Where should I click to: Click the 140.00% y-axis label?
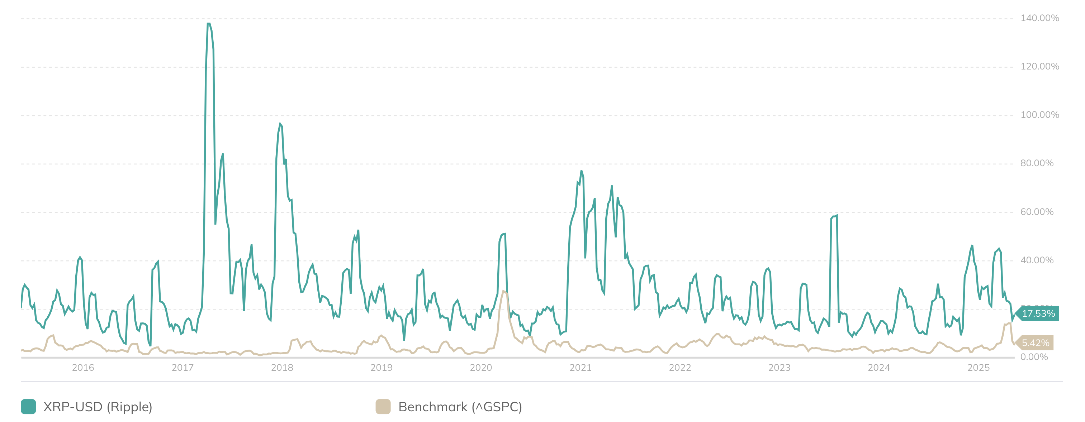point(1039,18)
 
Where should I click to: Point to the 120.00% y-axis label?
point(1039,67)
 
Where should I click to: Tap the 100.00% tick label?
point(1039,115)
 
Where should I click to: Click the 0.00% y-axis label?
point(1034,357)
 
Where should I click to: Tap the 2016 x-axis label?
point(83,368)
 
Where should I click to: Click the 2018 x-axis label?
point(282,368)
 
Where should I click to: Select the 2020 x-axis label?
point(480,368)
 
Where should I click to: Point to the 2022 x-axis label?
point(680,368)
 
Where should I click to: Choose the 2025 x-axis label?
point(978,368)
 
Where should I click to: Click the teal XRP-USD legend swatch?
point(28,407)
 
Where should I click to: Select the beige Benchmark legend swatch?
point(383,407)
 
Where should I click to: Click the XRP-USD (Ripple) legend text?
point(98,407)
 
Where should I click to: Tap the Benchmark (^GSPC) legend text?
point(460,407)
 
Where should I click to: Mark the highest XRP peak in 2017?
point(208,24)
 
